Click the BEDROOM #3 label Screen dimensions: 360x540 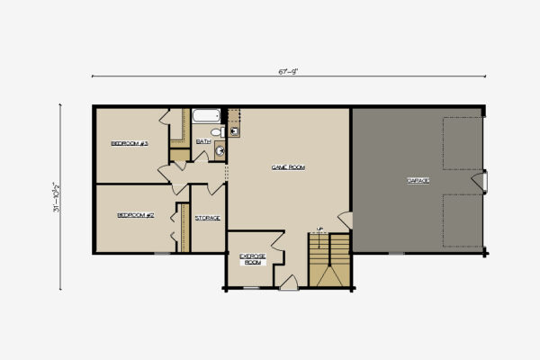click(x=130, y=143)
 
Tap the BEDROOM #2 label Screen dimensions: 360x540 click(x=137, y=216)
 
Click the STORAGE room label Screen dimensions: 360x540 click(x=207, y=219)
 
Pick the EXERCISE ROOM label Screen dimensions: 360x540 click(x=252, y=258)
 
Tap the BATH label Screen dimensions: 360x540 click(x=203, y=141)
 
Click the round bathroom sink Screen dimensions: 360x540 click(x=219, y=152)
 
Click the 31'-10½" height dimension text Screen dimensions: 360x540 click(x=57, y=196)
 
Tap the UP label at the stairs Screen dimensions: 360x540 click(x=319, y=228)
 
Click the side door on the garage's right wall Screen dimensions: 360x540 click(x=485, y=181)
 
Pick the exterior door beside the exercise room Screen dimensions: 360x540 click(x=290, y=283)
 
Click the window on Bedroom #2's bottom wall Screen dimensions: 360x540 click(x=160, y=254)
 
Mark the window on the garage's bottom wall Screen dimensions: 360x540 click(x=397, y=254)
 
